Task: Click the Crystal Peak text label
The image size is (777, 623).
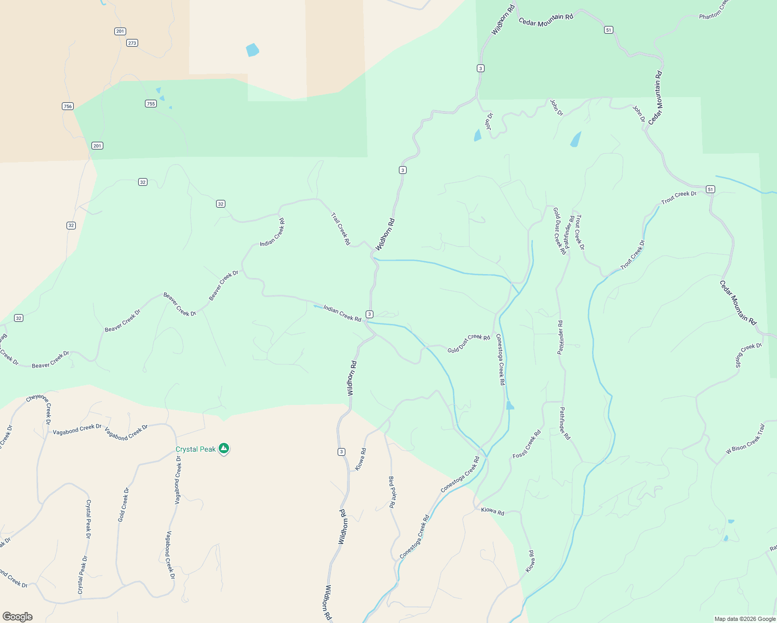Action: coord(195,449)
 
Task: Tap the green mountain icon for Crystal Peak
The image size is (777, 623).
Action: coord(224,448)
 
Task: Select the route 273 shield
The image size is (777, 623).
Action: coord(132,43)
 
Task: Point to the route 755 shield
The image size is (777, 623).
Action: coord(151,103)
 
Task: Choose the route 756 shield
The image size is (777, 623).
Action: coord(68,106)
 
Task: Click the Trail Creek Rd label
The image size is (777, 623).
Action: coord(341,228)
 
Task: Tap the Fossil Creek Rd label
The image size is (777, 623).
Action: coord(527,444)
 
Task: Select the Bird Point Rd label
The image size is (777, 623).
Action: coord(393,492)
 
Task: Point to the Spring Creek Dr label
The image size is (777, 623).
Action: coord(748,355)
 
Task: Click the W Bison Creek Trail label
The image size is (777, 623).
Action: coord(746,439)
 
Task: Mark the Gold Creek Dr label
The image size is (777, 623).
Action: coord(123,505)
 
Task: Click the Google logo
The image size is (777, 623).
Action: coord(17,617)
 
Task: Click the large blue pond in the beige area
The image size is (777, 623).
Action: coord(252,50)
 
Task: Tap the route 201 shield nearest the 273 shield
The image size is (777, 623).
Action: coord(120,31)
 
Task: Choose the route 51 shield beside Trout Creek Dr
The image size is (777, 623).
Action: coord(711,189)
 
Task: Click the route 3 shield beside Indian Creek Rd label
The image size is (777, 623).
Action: coord(369,314)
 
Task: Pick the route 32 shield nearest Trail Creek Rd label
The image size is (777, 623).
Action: coord(221,204)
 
